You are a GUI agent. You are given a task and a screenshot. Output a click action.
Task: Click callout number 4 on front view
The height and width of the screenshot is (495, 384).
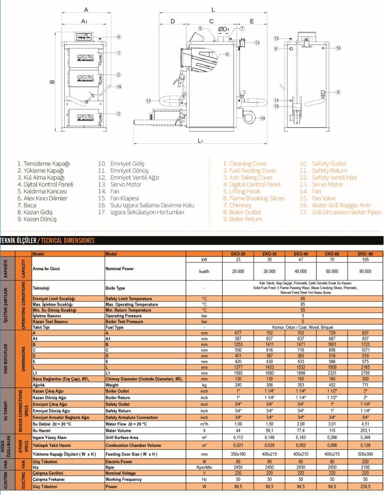[119, 37]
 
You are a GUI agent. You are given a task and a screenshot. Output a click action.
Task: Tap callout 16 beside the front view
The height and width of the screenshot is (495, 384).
[119, 87]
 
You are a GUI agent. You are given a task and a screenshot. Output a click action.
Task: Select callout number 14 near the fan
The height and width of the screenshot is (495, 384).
[263, 118]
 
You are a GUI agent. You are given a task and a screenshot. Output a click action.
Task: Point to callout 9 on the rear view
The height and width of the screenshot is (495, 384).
[338, 92]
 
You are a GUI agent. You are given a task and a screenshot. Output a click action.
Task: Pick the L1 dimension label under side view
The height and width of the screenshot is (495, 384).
[200, 140]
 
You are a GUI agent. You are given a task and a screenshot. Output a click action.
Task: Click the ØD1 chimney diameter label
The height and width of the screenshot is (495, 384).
[223, 29]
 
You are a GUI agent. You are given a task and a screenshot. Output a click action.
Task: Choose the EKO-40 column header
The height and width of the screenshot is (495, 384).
[301, 254]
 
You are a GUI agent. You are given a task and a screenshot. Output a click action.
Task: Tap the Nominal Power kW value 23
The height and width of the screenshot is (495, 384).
[238, 260]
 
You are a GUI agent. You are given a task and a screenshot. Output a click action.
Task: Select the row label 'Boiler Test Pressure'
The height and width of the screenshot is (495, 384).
[125, 322]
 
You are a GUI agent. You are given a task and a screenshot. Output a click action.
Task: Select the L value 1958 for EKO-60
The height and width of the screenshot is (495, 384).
[332, 367]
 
